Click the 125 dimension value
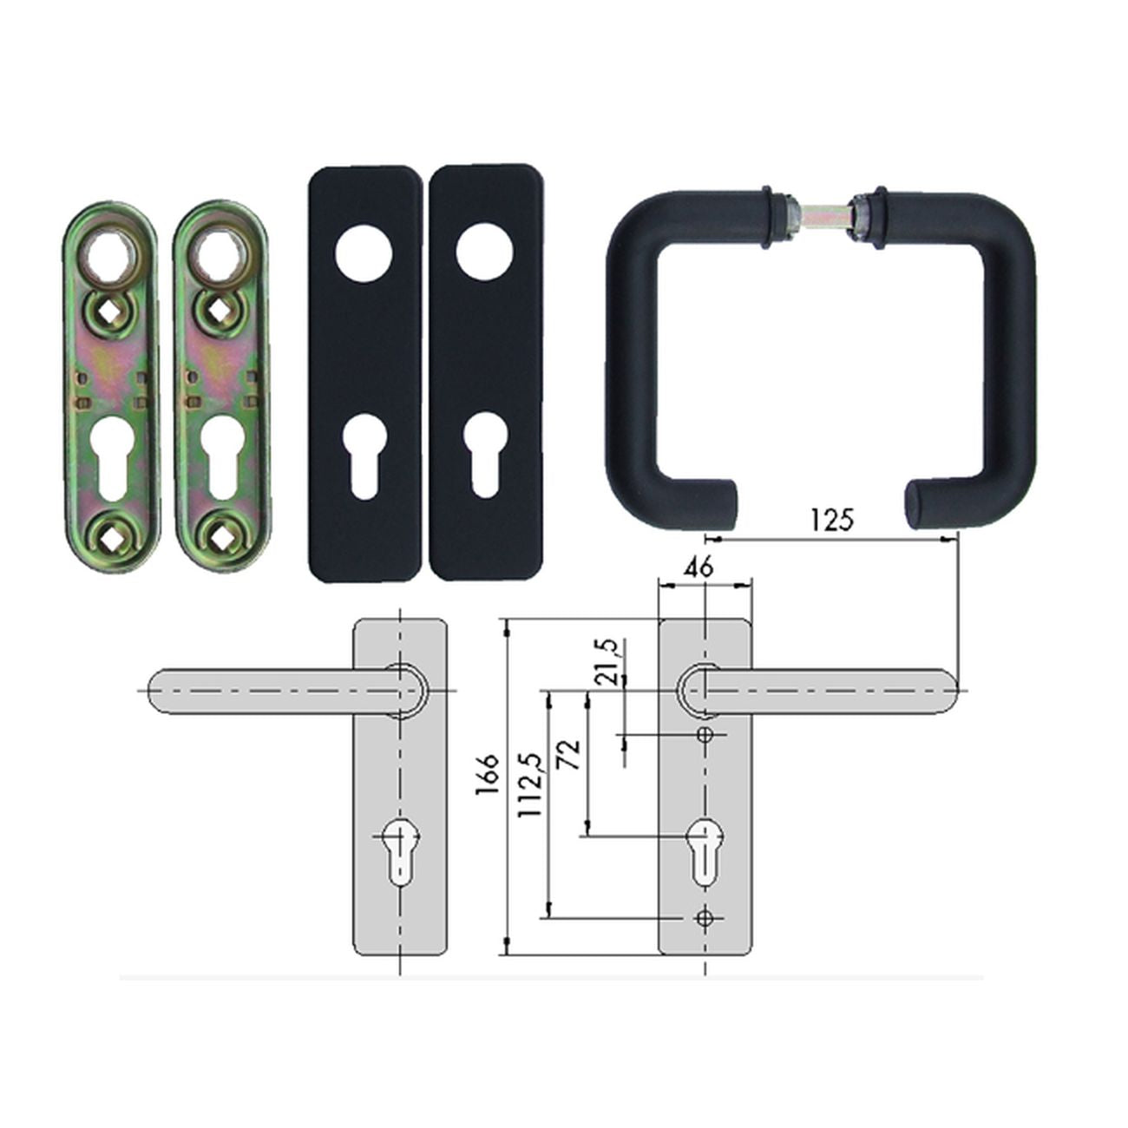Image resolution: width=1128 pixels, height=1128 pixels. click(x=832, y=520)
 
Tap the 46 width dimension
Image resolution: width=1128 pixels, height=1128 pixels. click(x=699, y=567)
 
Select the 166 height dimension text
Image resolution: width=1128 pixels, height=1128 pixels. click(x=487, y=775)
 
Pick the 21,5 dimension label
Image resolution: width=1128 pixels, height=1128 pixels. click(x=607, y=663)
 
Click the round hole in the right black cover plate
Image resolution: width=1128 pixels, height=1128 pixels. click(x=485, y=252)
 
